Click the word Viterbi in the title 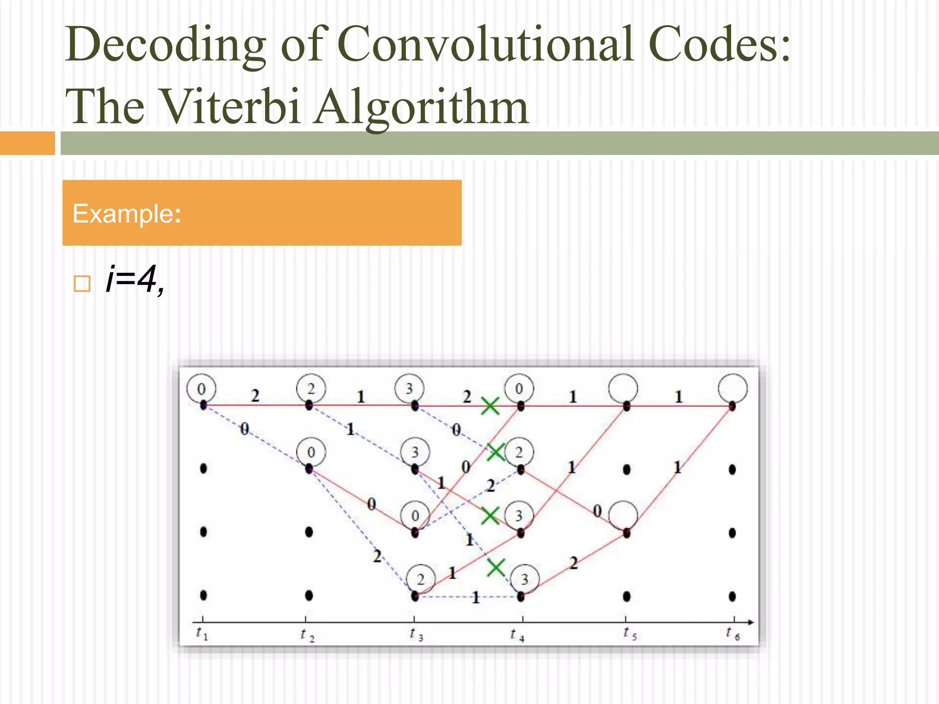[232, 106]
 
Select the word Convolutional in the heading [486, 44]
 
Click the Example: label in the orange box [127, 214]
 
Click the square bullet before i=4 [82, 284]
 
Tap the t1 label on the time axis [202, 633]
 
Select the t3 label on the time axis [416, 634]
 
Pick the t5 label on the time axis [630, 634]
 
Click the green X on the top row [490, 406]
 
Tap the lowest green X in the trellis [496, 568]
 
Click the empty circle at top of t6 [733, 388]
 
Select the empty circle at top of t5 [623, 388]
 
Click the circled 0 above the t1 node [201, 389]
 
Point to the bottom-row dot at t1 [204, 595]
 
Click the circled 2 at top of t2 [311, 389]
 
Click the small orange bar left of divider [27, 143]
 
